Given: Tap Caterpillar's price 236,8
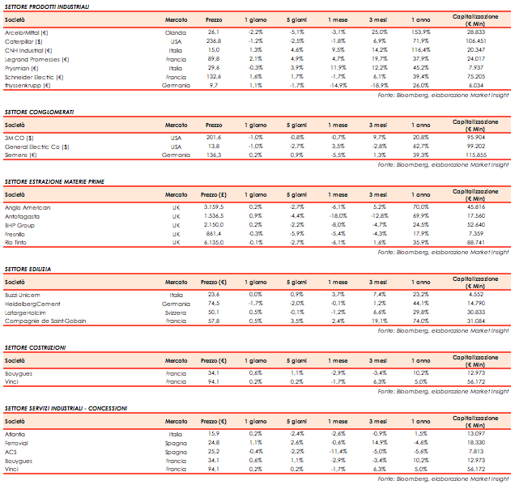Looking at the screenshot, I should [214, 40].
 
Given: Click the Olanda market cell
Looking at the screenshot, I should [176, 32].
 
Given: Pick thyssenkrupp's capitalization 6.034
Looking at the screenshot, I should [475, 85].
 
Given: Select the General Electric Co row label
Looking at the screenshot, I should [35, 147].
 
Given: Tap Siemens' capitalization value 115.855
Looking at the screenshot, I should [475, 155].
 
